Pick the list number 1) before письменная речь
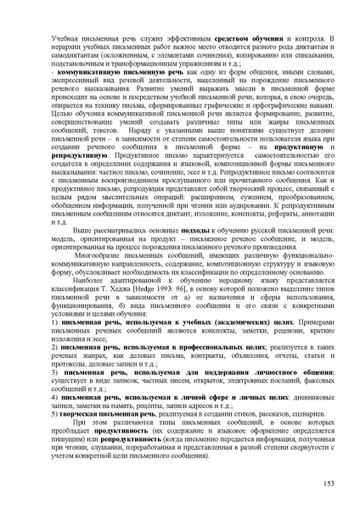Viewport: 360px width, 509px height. (53, 324)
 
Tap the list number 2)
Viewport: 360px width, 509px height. (53, 347)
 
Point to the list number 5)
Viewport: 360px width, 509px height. (53, 418)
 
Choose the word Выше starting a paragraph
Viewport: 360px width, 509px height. (83, 231)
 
